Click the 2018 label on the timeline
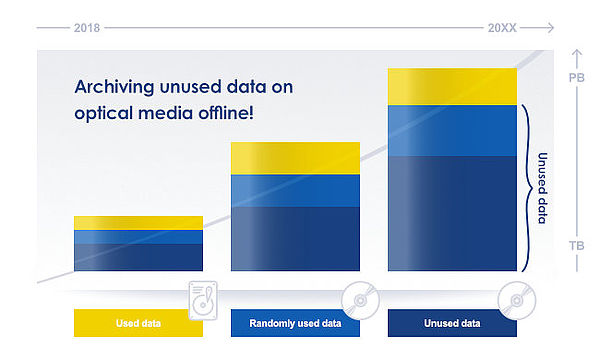tap(86, 27)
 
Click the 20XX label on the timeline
tap(503, 27)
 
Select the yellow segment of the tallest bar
tap(451, 86)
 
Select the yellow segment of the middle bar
tap(295, 158)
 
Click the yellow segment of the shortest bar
tap(138, 222)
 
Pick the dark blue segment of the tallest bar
tap(451, 213)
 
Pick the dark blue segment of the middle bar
tap(295, 238)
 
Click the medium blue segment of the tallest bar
tap(451, 130)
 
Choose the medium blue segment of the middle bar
tap(295, 190)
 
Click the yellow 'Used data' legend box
tap(138, 323)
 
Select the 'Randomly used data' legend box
tap(295, 323)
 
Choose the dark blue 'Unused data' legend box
tap(451, 323)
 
